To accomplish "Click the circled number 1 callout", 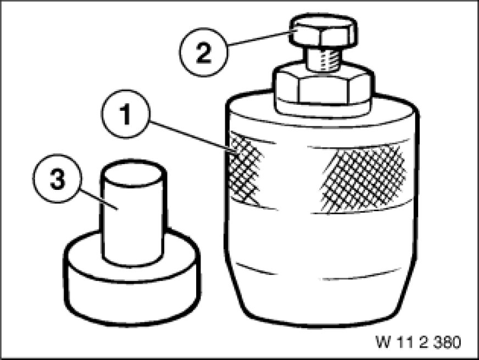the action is coord(126,114).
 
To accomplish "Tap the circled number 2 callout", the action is coord(203,52).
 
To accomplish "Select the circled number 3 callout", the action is coord(58,178).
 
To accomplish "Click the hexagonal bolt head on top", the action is coord(323,31).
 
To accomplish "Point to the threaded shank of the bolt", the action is coord(323,60).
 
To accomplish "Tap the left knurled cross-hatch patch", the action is coord(245,170).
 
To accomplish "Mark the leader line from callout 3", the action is coord(99,199).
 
